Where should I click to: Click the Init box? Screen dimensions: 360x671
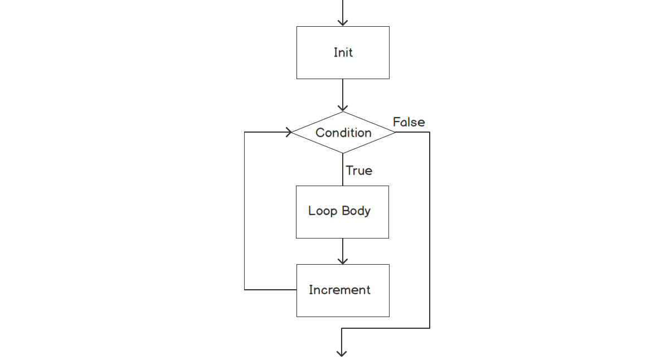point(343,52)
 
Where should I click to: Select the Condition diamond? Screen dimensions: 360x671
point(343,133)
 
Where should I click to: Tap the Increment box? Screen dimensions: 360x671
point(343,290)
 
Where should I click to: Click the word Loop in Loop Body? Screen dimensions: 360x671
point(322,211)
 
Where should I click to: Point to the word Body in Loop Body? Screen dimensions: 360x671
point(357,211)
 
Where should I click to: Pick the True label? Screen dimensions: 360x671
point(359,171)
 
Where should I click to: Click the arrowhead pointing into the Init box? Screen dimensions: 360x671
point(343,22)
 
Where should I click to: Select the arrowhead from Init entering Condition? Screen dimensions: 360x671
point(343,108)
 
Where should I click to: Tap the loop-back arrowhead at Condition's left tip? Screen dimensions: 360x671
point(289,132)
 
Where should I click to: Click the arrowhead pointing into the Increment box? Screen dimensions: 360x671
point(343,260)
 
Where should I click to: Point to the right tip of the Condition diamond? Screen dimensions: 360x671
point(395,133)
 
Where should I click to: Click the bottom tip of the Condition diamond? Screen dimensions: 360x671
point(343,153)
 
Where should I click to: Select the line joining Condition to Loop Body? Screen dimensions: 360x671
point(343,169)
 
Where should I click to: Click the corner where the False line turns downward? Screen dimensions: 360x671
point(430,133)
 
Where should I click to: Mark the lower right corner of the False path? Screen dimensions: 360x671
point(430,328)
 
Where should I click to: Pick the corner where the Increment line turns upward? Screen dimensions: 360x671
point(245,290)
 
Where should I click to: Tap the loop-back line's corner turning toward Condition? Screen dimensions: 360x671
point(245,132)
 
